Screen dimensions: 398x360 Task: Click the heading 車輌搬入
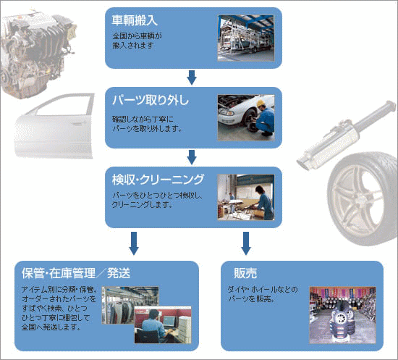(x=135, y=20)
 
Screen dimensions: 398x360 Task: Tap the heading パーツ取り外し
(x=151, y=100)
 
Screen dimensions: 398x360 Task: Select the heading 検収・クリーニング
(x=158, y=180)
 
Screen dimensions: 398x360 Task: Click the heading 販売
(x=245, y=273)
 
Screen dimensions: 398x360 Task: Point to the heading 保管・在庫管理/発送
(x=76, y=273)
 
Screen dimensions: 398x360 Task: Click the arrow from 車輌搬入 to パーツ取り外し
(x=192, y=78)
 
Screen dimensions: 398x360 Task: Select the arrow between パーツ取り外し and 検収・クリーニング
(x=192, y=157)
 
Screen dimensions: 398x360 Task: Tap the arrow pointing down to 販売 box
(x=246, y=243)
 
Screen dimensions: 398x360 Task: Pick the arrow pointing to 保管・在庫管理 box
(x=134, y=243)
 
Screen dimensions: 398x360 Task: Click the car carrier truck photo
(x=246, y=38)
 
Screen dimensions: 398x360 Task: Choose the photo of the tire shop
(x=342, y=315)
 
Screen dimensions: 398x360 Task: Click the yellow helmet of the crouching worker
(x=261, y=103)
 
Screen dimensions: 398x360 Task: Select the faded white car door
(x=54, y=126)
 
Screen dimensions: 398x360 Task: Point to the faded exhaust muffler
(x=347, y=135)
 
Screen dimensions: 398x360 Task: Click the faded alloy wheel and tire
(x=363, y=198)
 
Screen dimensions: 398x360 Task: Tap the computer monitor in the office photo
(x=169, y=322)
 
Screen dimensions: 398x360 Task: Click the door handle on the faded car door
(x=77, y=124)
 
